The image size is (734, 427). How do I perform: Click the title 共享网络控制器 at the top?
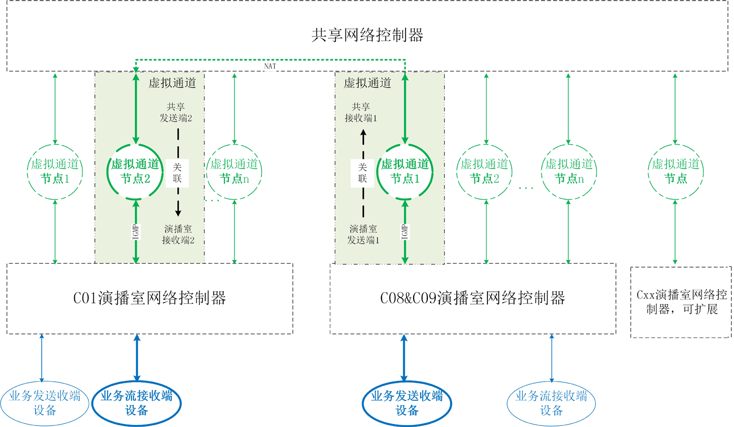pyautogui.click(x=367, y=35)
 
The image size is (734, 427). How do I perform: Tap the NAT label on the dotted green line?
pyautogui.click(x=270, y=66)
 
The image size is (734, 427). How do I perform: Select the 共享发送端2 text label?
pyautogui.click(x=176, y=113)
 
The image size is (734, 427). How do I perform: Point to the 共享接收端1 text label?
pyautogui.click(x=360, y=113)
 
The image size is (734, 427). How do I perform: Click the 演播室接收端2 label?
pyautogui.click(x=178, y=235)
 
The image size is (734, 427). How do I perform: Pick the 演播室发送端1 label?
pyautogui.click(x=363, y=235)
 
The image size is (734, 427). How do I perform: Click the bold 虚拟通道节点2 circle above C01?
pyautogui.click(x=135, y=171)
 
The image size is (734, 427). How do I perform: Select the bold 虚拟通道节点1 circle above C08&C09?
pyautogui.click(x=405, y=171)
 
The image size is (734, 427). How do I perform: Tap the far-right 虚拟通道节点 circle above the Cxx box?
pyautogui.click(x=675, y=171)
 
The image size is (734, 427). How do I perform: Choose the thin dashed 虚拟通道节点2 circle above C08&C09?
pyautogui.click(x=484, y=171)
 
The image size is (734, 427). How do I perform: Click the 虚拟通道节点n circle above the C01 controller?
pyautogui.click(x=234, y=171)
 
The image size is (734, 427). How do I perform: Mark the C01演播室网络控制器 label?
pyautogui.click(x=150, y=298)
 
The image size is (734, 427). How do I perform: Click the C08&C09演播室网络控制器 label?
pyautogui.click(x=472, y=298)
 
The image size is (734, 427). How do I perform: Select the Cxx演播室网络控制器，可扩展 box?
pyautogui.click(x=681, y=302)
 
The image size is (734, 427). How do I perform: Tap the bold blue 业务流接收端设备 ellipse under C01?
pyautogui.click(x=137, y=403)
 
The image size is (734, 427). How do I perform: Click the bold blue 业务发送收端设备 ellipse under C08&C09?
pyautogui.click(x=407, y=403)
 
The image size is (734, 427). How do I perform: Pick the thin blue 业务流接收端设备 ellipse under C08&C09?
pyautogui.click(x=551, y=403)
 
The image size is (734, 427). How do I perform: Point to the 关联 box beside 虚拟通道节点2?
pyautogui.click(x=177, y=173)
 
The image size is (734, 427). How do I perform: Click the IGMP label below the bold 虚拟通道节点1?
pyautogui.click(x=405, y=232)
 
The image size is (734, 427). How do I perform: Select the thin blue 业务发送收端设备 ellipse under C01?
pyautogui.click(x=45, y=403)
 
